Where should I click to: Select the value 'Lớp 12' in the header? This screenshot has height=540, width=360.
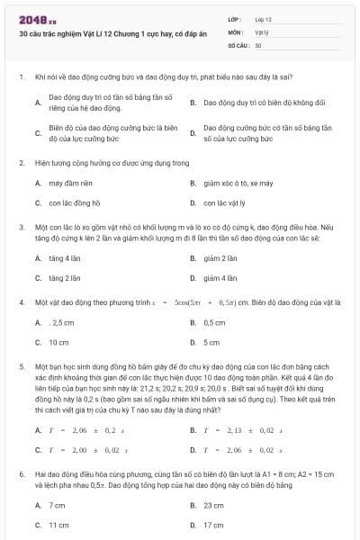click(264, 18)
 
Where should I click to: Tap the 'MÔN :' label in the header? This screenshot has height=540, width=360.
click(237, 31)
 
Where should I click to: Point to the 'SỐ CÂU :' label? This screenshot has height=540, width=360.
click(238, 43)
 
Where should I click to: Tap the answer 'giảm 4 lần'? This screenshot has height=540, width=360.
click(220, 278)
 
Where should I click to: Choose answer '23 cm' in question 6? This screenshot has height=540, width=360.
click(214, 505)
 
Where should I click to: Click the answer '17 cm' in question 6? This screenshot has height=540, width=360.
click(214, 525)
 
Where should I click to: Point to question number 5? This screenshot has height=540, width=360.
click(21, 367)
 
